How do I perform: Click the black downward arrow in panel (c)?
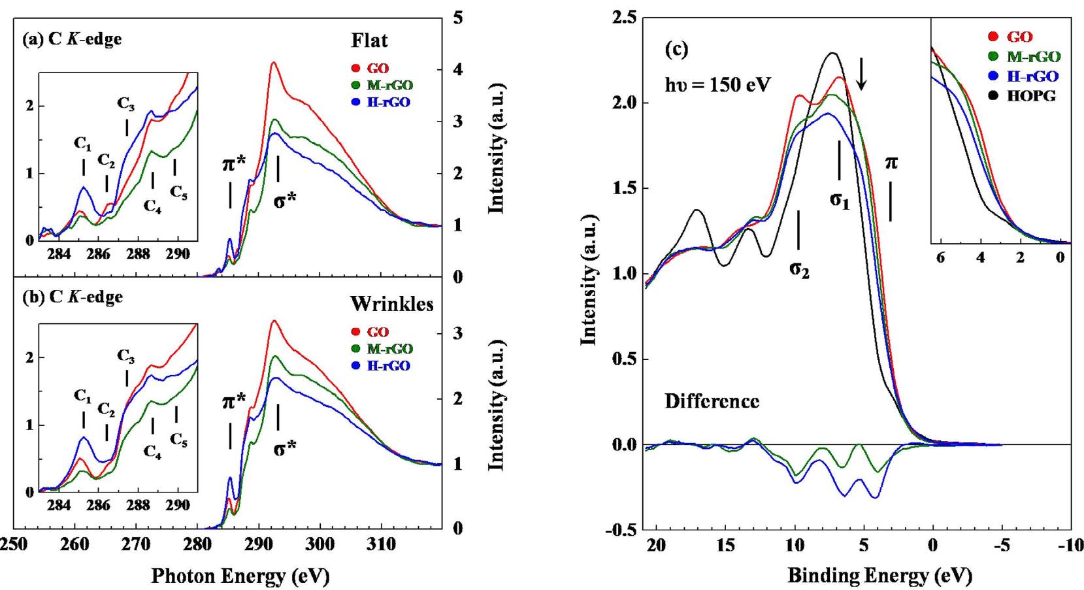click(x=862, y=74)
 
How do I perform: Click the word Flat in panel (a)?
click(x=369, y=41)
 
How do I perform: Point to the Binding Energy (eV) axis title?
click(x=879, y=575)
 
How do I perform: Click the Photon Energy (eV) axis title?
click(x=240, y=575)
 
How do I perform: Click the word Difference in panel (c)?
click(x=712, y=401)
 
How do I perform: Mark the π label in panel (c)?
click(x=891, y=162)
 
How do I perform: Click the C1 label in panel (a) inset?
click(x=83, y=143)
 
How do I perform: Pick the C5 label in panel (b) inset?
click(x=178, y=440)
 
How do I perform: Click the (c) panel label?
click(x=676, y=50)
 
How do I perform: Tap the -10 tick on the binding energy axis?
click(x=1071, y=546)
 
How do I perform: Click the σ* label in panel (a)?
click(x=284, y=201)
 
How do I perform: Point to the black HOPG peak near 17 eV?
click(x=697, y=210)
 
